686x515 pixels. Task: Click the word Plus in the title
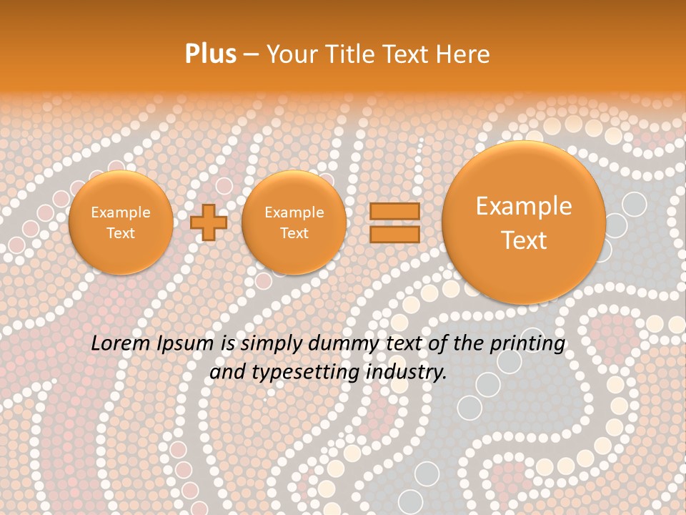[x=210, y=54]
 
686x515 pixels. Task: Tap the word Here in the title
[x=465, y=54]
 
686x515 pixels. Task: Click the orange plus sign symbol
[x=209, y=222]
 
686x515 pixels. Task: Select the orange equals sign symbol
[x=394, y=222]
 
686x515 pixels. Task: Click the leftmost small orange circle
[x=120, y=222]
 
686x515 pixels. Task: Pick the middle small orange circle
[x=294, y=222]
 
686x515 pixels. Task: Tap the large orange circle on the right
[x=524, y=222]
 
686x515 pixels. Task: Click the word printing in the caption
[x=527, y=343]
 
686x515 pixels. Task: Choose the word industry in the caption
[x=406, y=373]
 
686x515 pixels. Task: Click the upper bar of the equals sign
[x=394, y=212]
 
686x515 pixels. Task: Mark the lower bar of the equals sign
[x=394, y=234]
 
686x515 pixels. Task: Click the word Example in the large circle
[x=524, y=206]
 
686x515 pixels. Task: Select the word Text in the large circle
[x=524, y=240]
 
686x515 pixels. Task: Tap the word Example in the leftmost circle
[x=120, y=212]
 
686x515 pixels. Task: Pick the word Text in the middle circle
[x=294, y=233]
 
